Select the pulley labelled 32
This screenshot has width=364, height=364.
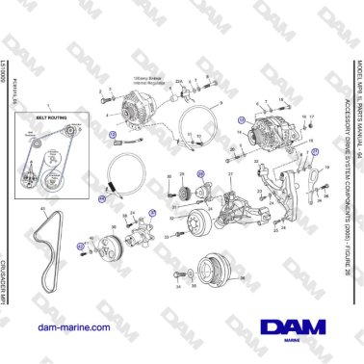tap(201, 221)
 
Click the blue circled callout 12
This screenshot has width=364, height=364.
tap(112, 136)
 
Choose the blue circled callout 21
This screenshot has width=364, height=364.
tap(313, 152)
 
